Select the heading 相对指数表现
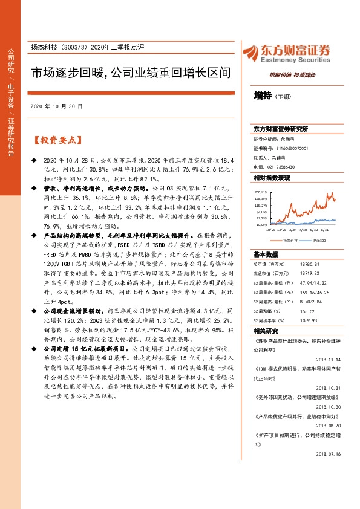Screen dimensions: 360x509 tap(272, 178)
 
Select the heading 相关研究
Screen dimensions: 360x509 tap(266, 332)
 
